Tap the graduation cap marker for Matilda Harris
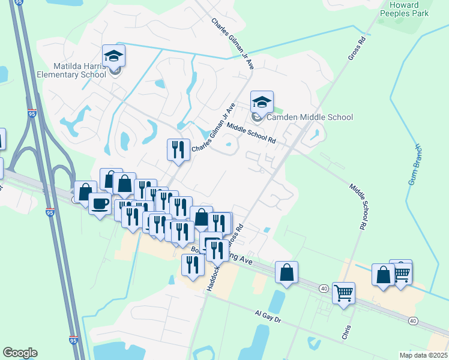click(x=113, y=56)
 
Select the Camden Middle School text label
click(x=310, y=117)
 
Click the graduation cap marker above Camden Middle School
click(x=262, y=103)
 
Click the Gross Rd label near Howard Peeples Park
click(x=357, y=49)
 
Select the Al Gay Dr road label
click(x=268, y=317)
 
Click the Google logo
click(x=20, y=353)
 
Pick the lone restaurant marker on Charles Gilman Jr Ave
click(x=178, y=150)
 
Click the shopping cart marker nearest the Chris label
click(x=343, y=293)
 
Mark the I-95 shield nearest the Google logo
click(x=73, y=340)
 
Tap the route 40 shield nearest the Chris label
click(x=324, y=289)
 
